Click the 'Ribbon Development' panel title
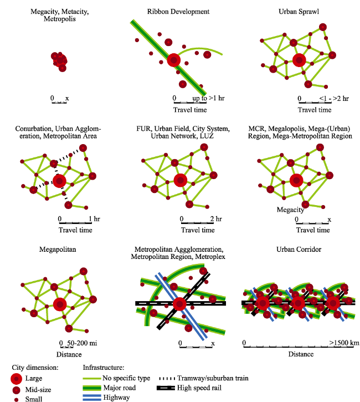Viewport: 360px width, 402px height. pyautogui.click(x=178, y=12)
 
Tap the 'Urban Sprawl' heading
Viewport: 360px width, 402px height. pyautogui.click(x=299, y=12)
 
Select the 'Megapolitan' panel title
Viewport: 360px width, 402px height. pyautogui.click(x=58, y=250)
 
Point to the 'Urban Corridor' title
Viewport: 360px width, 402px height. pyautogui.click(x=299, y=250)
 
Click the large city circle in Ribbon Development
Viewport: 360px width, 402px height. pyautogui.click(x=174, y=60)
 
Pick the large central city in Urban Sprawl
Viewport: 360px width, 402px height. pyautogui.click(x=299, y=60)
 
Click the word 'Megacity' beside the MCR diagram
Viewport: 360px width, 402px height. pyautogui.click(x=290, y=210)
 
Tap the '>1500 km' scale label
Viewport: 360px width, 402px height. pyautogui.click(x=344, y=343)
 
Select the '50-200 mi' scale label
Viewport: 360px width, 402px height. pyautogui.click(x=82, y=343)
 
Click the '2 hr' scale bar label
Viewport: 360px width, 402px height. pyautogui.click(x=216, y=219)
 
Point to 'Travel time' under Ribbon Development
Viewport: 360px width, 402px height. pyautogui.click(x=190, y=110)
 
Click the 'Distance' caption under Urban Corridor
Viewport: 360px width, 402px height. pyautogui.click(x=301, y=354)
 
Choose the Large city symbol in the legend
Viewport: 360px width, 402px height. pyautogui.click(x=17, y=379)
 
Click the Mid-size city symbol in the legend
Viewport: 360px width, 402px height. pyautogui.click(x=17, y=390)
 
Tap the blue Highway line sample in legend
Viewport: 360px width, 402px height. pyautogui.click(x=92, y=398)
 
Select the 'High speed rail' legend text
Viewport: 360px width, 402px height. pyautogui.click(x=199, y=388)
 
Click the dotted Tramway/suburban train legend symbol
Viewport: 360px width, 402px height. pyautogui.click(x=167, y=378)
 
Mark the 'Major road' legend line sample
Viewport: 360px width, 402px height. pyautogui.click(x=92, y=388)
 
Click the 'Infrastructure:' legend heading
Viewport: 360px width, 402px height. pyautogui.click(x=104, y=368)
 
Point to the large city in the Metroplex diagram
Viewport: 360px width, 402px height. pyautogui.click(x=179, y=304)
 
